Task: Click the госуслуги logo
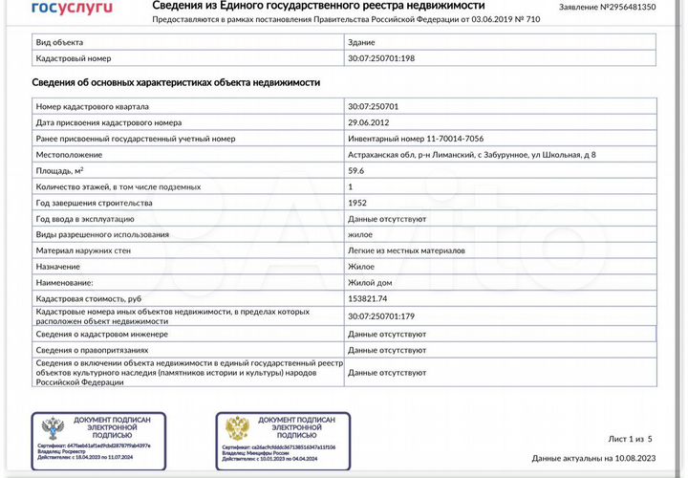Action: pyautogui.click(x=72, y=8)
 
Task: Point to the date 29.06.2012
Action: pyautogui.click(x=372, y=122)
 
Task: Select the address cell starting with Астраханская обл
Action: pyautogui.click(x=472, y=155)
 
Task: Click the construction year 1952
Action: pyautogui.click(x=358, y=203)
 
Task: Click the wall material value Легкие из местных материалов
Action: pyautogui.click(x=406, y=250)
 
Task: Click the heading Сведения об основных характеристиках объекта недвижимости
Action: pyautogui.click(x=176, y=83)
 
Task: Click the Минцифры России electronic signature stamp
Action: pyautogui.click(x=283, y=437)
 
